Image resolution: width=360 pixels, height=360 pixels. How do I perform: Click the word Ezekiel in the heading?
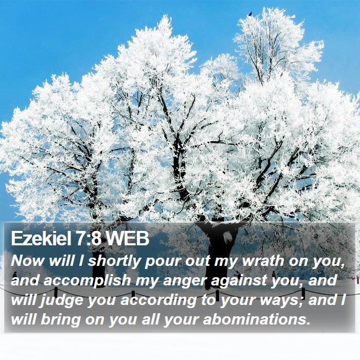tap(42, 239)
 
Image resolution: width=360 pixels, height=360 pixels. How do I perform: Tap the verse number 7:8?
tap(88, 239)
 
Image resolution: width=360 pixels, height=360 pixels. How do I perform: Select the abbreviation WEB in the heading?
tap(127, 239)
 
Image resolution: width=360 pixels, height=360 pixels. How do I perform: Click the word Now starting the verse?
tap(27, 261)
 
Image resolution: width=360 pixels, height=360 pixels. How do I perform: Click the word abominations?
tap(255, 319)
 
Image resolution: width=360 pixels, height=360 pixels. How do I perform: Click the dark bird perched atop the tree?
tap(250, 14)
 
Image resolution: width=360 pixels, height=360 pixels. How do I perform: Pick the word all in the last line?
tap(150, 319)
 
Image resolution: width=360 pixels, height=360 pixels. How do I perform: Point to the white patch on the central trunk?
tap(228, 237)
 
